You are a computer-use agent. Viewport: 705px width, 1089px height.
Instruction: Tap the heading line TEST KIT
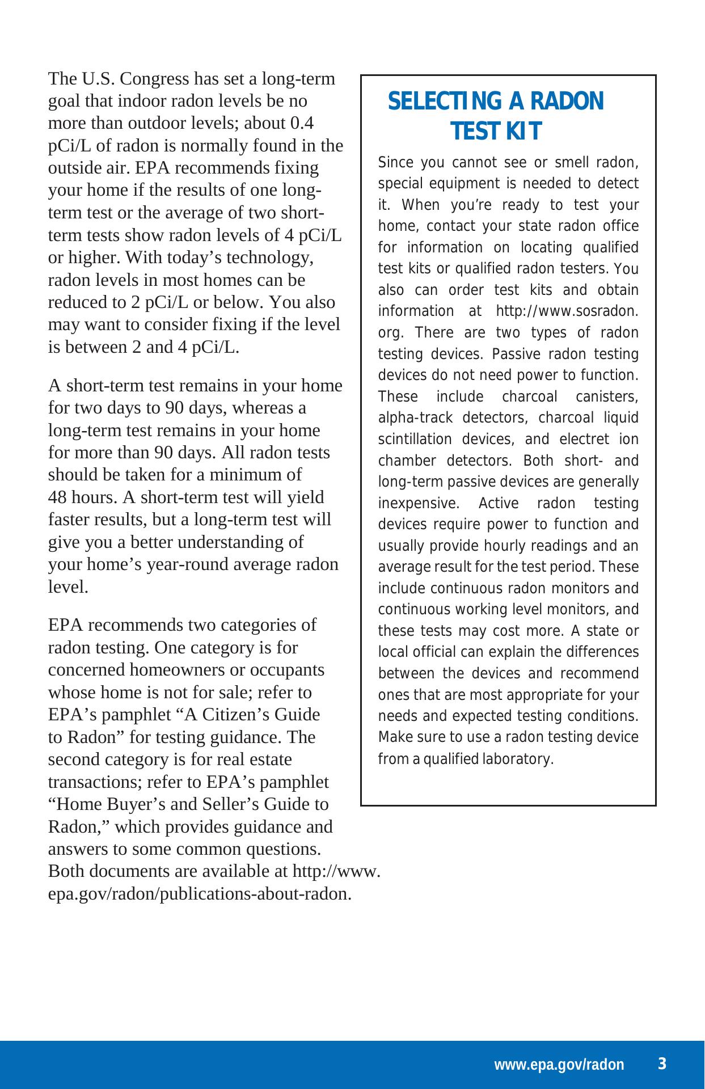496,132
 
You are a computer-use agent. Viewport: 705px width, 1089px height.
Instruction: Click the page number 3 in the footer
661,1063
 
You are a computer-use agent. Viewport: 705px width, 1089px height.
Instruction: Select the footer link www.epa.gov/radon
559,1065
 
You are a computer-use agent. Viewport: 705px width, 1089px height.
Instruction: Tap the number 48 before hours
58,497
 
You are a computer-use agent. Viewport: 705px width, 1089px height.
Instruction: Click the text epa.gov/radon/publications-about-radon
199,894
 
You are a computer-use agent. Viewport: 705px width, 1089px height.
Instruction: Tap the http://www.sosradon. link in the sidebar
567,311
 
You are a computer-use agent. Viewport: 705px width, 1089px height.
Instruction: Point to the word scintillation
415,440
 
